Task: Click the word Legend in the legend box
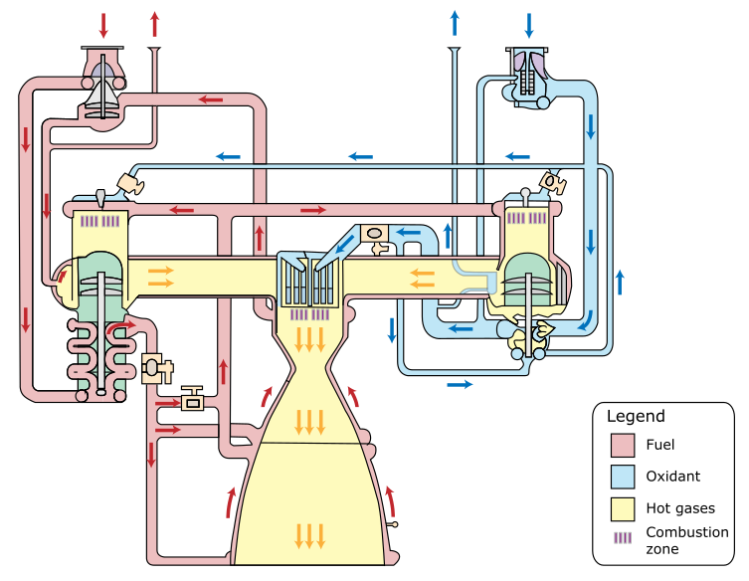pyautogui.click(x=636, y=417)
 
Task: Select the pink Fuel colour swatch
pyautogui.click(x=623, y=445)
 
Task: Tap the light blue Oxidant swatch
pyautogui.click(x=623, y=477)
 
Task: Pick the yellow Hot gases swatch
pyautogui.click(x=623, y=508)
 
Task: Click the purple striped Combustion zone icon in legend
pyautogui.click(x=623, y=537)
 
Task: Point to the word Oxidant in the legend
pyautogui.click(x=672, y=477)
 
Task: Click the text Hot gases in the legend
pyautogui.click(x=680, y=508)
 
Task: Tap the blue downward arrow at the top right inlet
pyautogui.click(x=528, y=25)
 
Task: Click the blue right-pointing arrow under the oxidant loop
pyautogui.click(x=460, y=383)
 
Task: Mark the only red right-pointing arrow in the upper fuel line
pyautogui.click(x=312, y=210)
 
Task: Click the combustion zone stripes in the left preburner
pyautogui.click(x=100, y=221)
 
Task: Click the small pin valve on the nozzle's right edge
pyautogui.click(x=394, y=523)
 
